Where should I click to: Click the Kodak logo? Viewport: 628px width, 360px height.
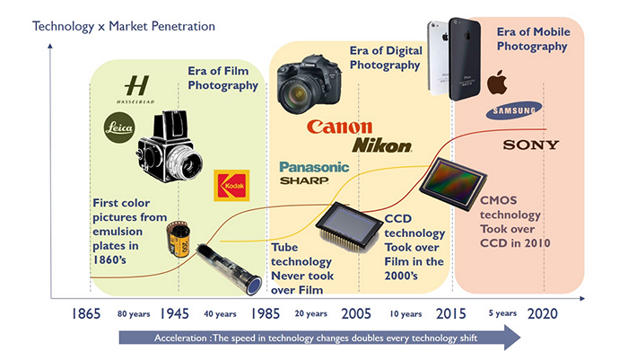pos(231,185)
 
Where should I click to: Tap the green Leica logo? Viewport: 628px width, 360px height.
pos(119,127)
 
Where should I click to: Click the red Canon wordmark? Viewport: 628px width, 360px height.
pos(340,127)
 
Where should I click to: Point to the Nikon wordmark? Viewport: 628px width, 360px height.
pos(381,145)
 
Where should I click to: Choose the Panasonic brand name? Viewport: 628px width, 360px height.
pos(314,167)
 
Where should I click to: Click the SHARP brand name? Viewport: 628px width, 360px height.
pos(304,180)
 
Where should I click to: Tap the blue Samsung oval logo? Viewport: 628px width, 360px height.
pos(514,110)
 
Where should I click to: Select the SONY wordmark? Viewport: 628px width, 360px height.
pos(531,145)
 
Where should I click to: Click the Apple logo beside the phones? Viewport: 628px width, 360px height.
pos(497,82)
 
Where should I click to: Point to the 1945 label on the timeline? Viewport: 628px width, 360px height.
pos(174,313)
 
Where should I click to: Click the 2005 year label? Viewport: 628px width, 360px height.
pos(356,313)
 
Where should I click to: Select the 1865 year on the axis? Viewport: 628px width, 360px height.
pos(86,313)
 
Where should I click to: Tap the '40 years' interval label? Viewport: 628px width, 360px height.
pos(220,314)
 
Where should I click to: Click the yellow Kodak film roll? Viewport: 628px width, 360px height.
pos(179,239)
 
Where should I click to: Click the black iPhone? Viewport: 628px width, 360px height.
pos(465,59)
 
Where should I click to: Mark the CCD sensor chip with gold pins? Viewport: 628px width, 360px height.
pos(349,226)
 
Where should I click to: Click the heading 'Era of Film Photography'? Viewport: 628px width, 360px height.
pos(222,78)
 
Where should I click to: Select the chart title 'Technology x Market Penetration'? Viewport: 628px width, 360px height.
pos(124,26)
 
